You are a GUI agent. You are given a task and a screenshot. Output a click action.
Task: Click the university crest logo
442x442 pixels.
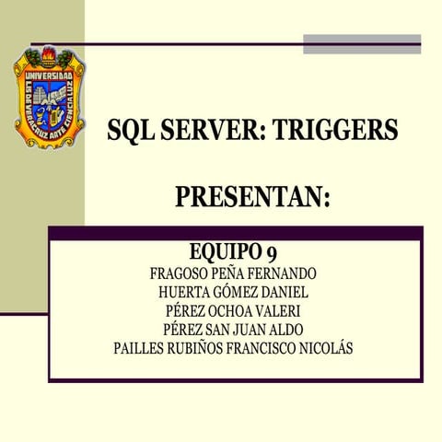[50, 99]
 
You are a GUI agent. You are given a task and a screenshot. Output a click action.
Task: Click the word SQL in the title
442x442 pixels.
[130, 131]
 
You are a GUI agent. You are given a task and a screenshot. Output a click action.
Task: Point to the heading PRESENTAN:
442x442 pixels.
[251, 197]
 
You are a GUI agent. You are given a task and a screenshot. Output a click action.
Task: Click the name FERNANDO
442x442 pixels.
[283, 274]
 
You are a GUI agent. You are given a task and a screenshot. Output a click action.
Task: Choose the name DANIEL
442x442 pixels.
[278, 293]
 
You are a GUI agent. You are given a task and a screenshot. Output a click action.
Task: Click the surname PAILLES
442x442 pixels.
[140, 349]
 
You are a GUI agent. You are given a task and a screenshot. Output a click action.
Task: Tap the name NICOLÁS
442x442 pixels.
[322, 349]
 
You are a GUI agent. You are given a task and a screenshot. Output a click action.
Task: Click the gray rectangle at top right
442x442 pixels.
[362, 43]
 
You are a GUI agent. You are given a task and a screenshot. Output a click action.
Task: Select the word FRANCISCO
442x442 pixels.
[258, 349]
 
